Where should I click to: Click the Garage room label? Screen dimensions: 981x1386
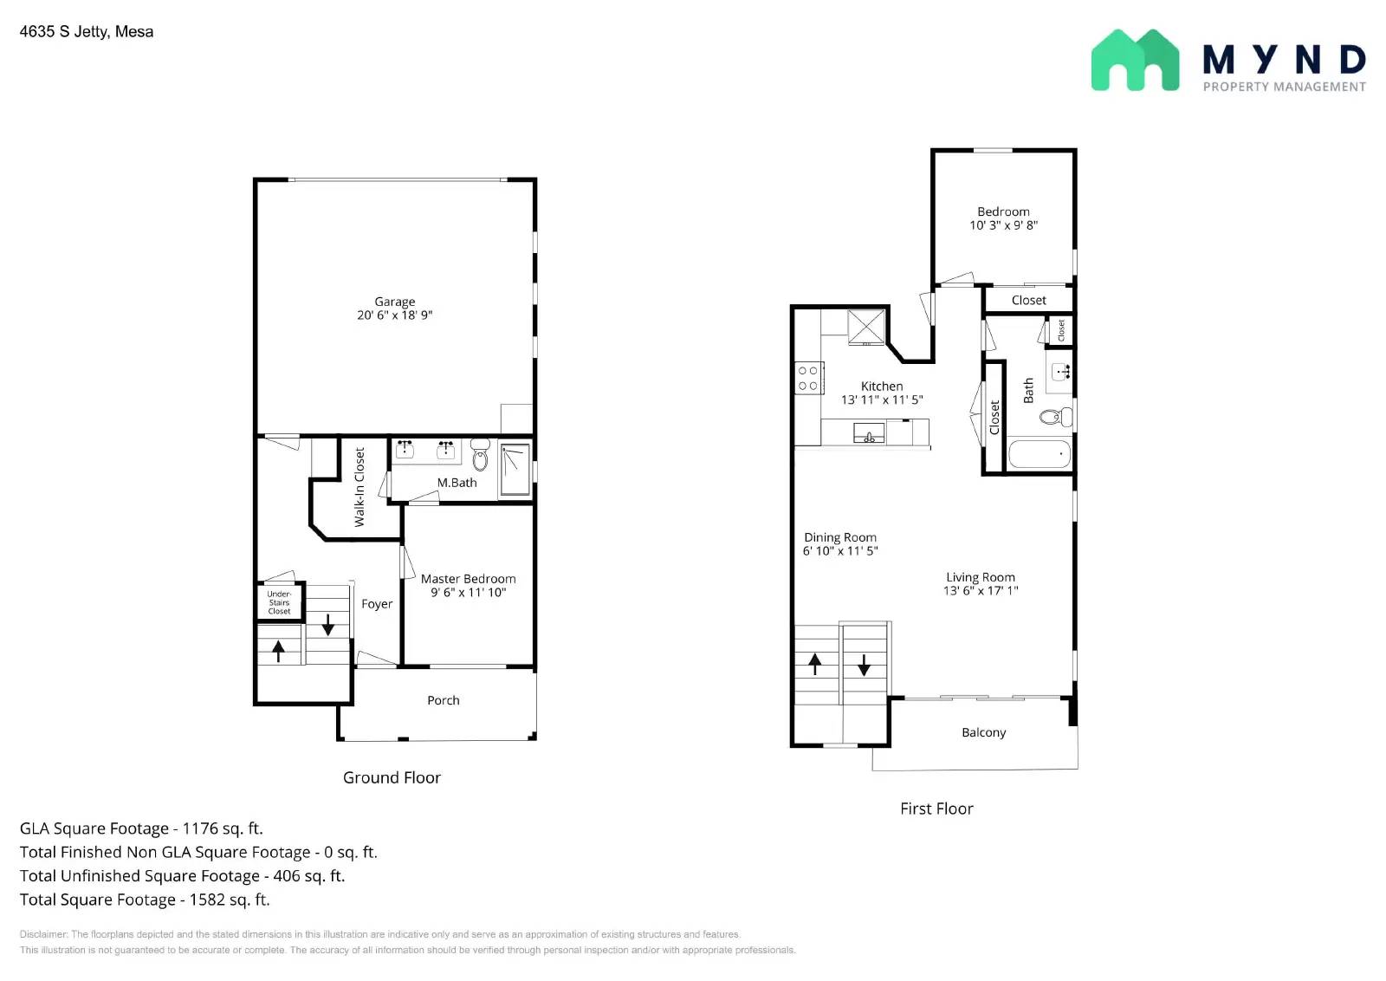pos(394,302)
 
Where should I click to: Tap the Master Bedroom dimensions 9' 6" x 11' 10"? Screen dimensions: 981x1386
pos(468,593)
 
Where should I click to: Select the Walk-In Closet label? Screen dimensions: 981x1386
pos(359,487)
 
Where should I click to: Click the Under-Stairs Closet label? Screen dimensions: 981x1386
pos(279,602)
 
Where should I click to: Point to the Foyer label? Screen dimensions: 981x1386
pos(377,604)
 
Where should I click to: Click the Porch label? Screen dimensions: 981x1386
pos(443,700)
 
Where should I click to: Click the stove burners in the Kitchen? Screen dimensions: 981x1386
pos(807,379)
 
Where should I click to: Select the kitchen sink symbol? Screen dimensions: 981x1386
pos(869,432)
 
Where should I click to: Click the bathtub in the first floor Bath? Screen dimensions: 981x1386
pos(1039,454)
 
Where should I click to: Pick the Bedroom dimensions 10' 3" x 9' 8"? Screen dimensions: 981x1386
pos(1003,225)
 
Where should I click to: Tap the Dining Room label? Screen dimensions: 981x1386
pos(839,537)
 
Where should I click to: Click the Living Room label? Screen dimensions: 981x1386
pos(980,577)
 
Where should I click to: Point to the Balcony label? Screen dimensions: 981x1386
pos(983,732)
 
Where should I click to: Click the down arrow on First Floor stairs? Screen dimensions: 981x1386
pos(864,665)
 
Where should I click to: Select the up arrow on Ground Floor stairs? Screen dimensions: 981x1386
pos(278,650)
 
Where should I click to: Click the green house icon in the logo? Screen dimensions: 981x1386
pos(1134,61)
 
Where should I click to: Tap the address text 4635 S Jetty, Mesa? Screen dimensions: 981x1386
pos(87,32)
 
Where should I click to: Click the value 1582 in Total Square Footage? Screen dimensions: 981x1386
pos(207,900)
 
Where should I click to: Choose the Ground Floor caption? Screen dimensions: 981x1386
pos(392,777)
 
